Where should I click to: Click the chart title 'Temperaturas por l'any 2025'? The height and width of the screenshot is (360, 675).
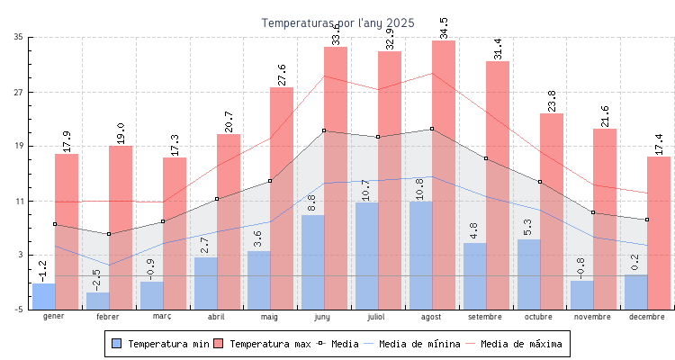pos(337,22)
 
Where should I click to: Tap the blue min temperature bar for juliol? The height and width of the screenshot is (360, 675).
pos(366,256)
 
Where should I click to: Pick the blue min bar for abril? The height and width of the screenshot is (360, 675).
pos(205,283)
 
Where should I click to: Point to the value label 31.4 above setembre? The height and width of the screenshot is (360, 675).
pos(498,49)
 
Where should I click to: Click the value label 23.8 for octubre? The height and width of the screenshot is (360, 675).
pos(552,101)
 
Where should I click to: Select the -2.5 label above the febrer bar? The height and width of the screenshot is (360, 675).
pos(97,279)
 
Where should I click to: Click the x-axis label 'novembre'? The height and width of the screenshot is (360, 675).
pos(592,317)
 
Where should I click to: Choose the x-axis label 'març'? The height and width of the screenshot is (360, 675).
pos(162,317)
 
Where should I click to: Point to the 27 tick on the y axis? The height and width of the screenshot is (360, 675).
pos(19,92)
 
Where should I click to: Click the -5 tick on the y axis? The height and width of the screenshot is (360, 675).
pos(19,310)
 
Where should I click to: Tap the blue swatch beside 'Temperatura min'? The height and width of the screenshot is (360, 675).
pos(116,344)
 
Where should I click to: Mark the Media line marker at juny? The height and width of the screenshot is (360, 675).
pos(324,131)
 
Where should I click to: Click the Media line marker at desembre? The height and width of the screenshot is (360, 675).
pos(647,220)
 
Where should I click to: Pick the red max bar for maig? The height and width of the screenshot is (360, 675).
pos(282,198)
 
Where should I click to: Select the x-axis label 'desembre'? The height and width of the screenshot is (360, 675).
pos(647,317)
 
